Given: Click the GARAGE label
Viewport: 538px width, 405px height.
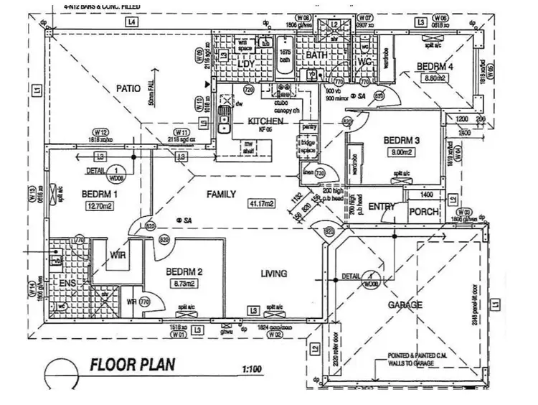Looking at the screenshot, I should [405, 304].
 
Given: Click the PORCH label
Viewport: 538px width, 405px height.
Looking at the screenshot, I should [423, 213].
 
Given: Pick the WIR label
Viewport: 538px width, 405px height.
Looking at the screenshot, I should [118, 255].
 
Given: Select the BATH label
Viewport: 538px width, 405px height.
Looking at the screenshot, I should [316, 55].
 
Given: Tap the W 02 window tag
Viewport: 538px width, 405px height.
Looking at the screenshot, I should [275, 335].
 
